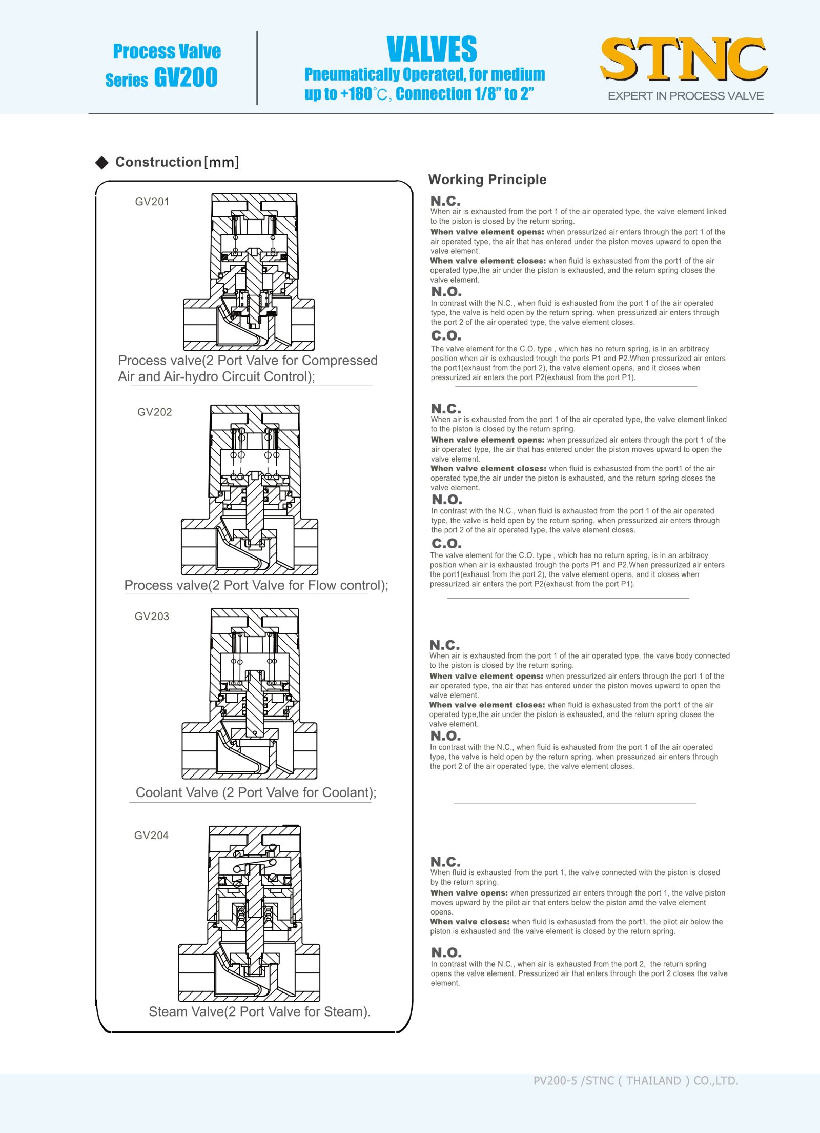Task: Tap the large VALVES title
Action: (432, 49)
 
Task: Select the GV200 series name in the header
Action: (186, 77)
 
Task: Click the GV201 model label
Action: (152, 202)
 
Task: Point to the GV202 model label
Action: (154, 412)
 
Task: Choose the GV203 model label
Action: (152, 616)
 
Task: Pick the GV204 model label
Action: (151, 835)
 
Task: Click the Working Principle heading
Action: (487, 180)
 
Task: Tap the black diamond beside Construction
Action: (102, 163)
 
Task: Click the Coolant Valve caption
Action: (256, 792)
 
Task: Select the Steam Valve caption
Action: (259, 1011)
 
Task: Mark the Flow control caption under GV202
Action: (256, 585)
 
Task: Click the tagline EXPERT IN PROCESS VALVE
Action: (685, 96)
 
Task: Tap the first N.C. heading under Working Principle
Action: (445, 201)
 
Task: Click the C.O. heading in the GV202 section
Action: (446, 543)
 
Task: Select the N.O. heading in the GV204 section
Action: (446, 952)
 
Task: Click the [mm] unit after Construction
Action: (221, 163)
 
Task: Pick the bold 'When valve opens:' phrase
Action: (469, 893)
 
